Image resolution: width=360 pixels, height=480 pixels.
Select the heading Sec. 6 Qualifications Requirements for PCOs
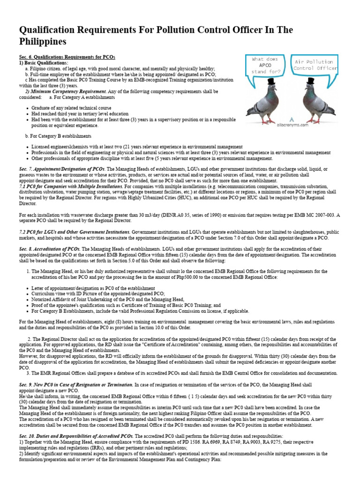67,57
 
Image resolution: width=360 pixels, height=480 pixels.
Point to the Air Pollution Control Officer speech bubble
315,65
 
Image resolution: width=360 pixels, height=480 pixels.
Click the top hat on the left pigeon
271,82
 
